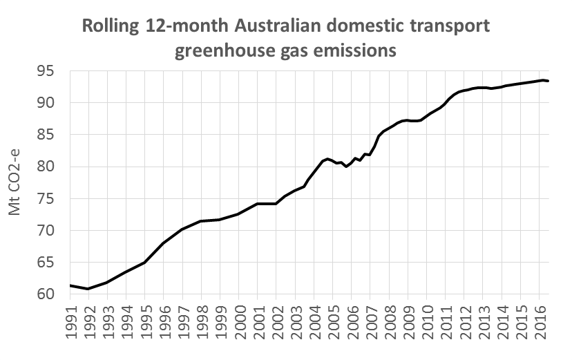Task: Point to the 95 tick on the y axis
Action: click(x=53, y=71)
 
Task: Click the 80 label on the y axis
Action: click(x=53, y=167)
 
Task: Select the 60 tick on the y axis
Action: click(x=53, y=294)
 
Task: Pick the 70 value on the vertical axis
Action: click(x=53, y=231)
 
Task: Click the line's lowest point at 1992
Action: click(x=88, y=288)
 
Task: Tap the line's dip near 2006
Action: click(x=346, y=167)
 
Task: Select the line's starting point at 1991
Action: click(x=70, y=285)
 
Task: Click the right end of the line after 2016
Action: click(x=548, y=81)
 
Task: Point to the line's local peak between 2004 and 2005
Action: click(x=327, y=158)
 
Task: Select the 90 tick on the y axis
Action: click(x=53, y=103)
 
